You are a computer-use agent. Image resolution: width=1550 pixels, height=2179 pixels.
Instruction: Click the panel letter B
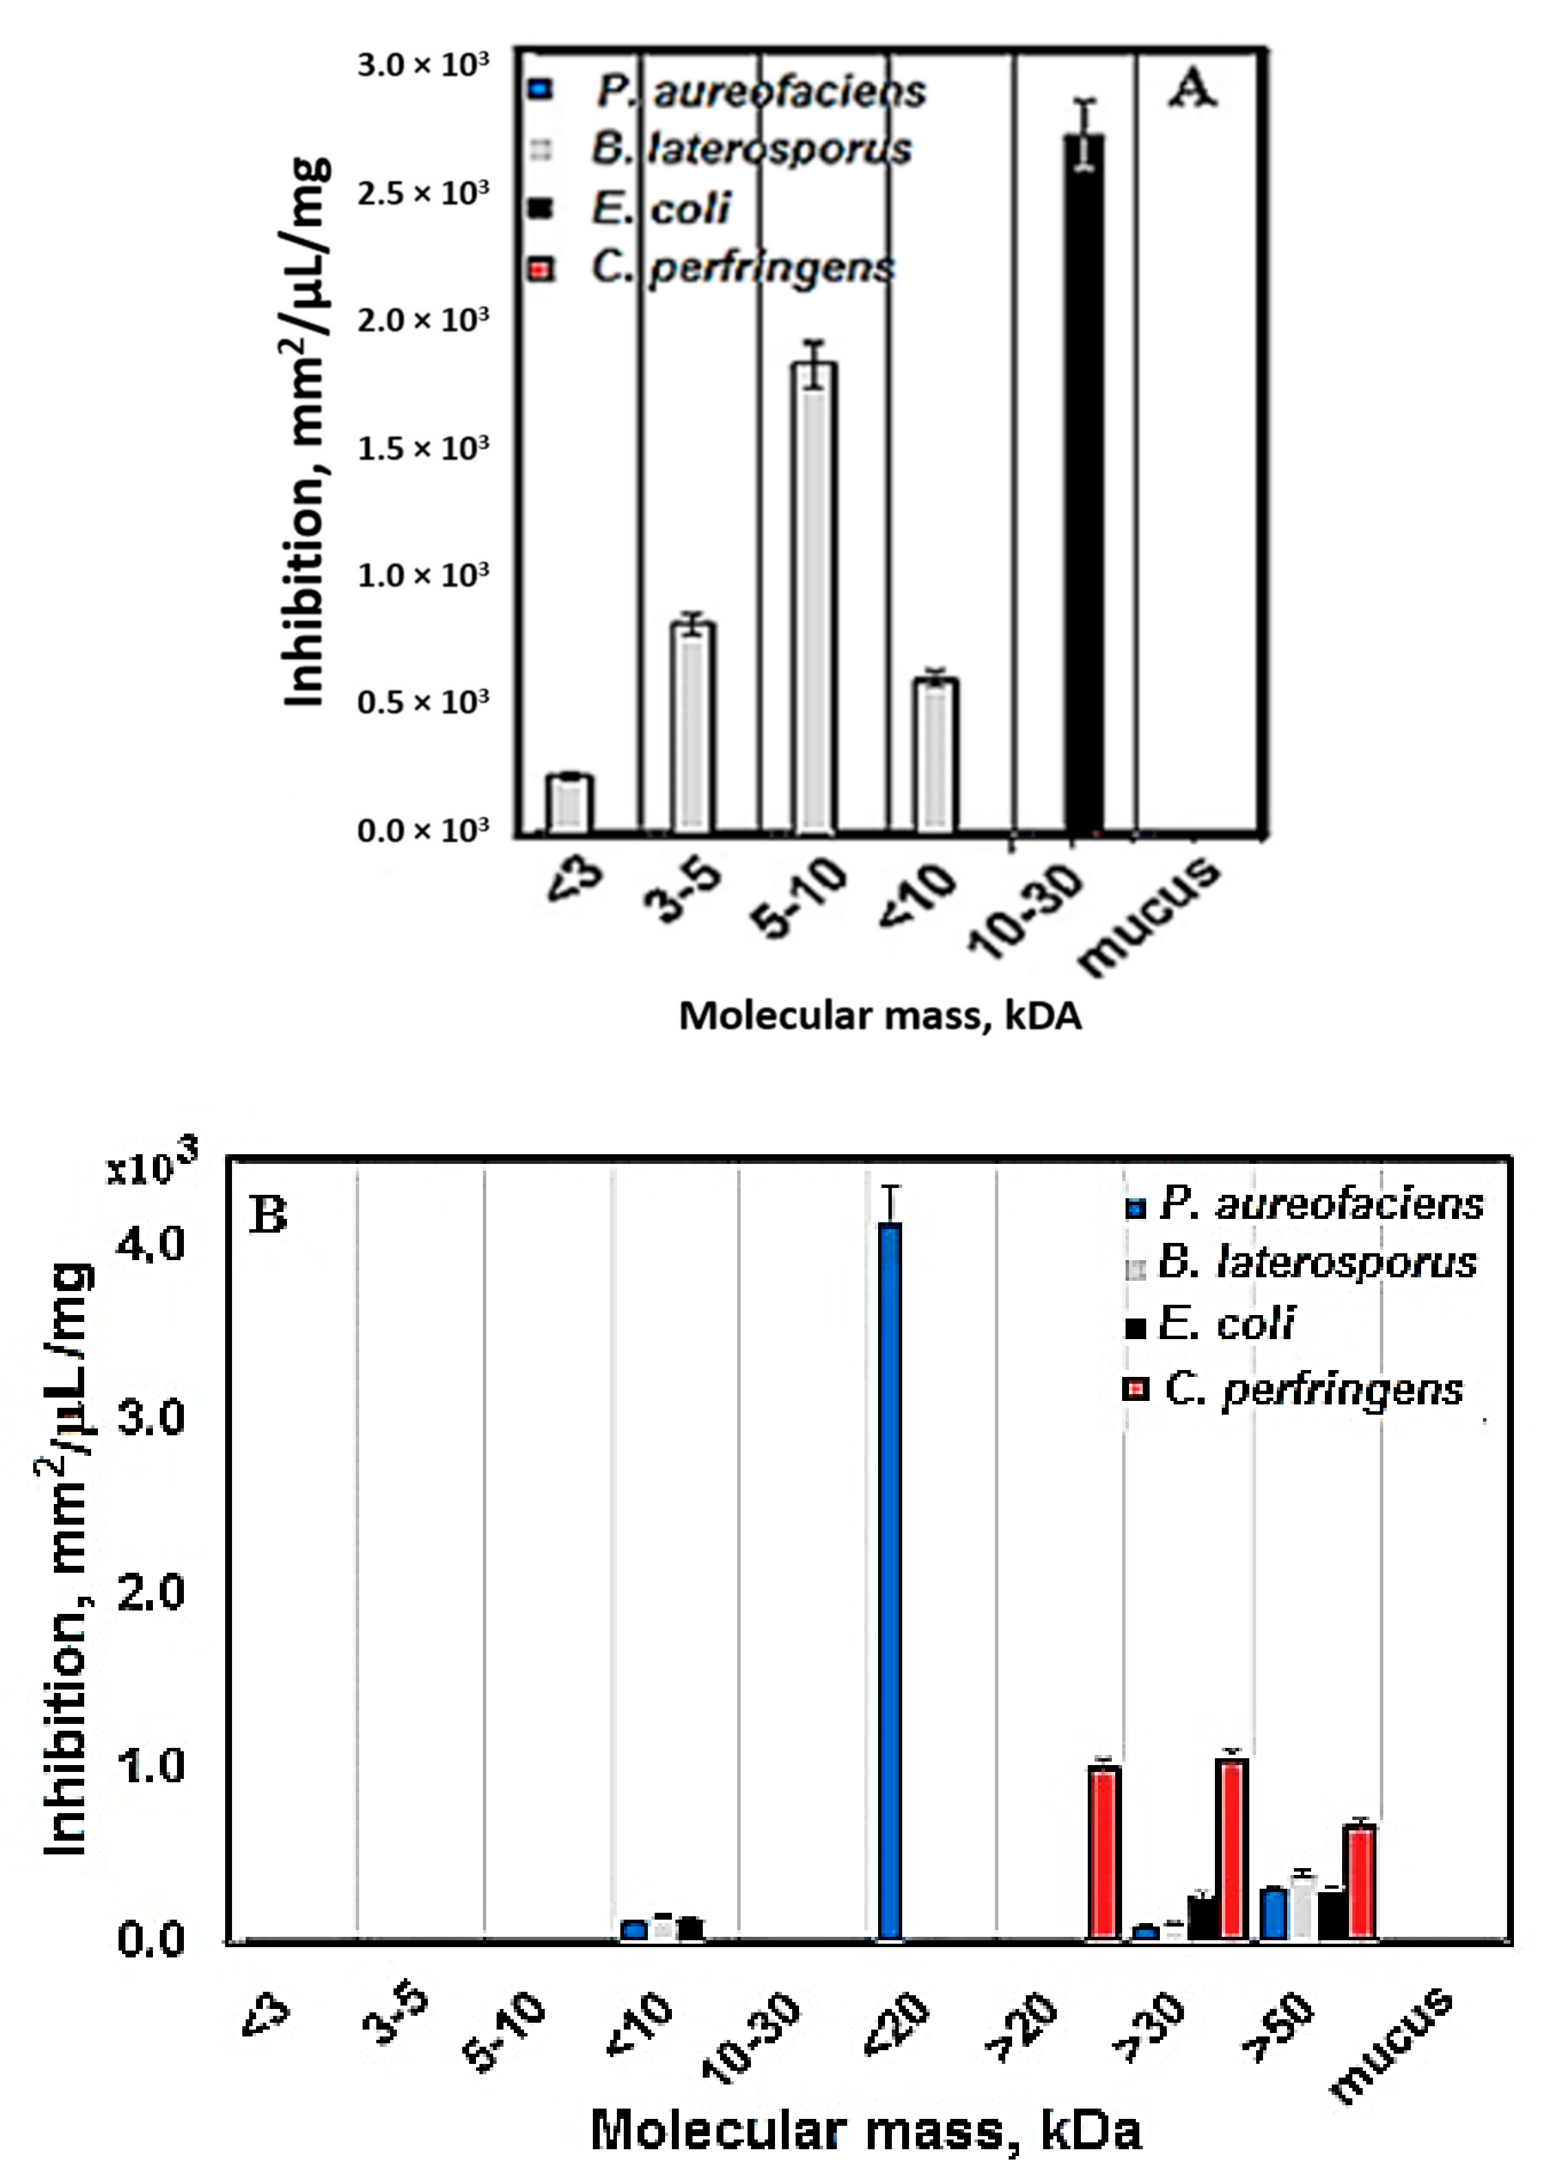tap(268, 1215)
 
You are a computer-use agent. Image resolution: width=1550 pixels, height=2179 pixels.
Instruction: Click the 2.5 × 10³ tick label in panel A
tap(423, 193)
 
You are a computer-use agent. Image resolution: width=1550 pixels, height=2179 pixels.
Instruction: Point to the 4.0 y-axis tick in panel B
tap(151, 1243)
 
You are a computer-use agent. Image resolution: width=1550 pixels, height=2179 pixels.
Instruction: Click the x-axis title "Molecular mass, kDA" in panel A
tap(879, 1015)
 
